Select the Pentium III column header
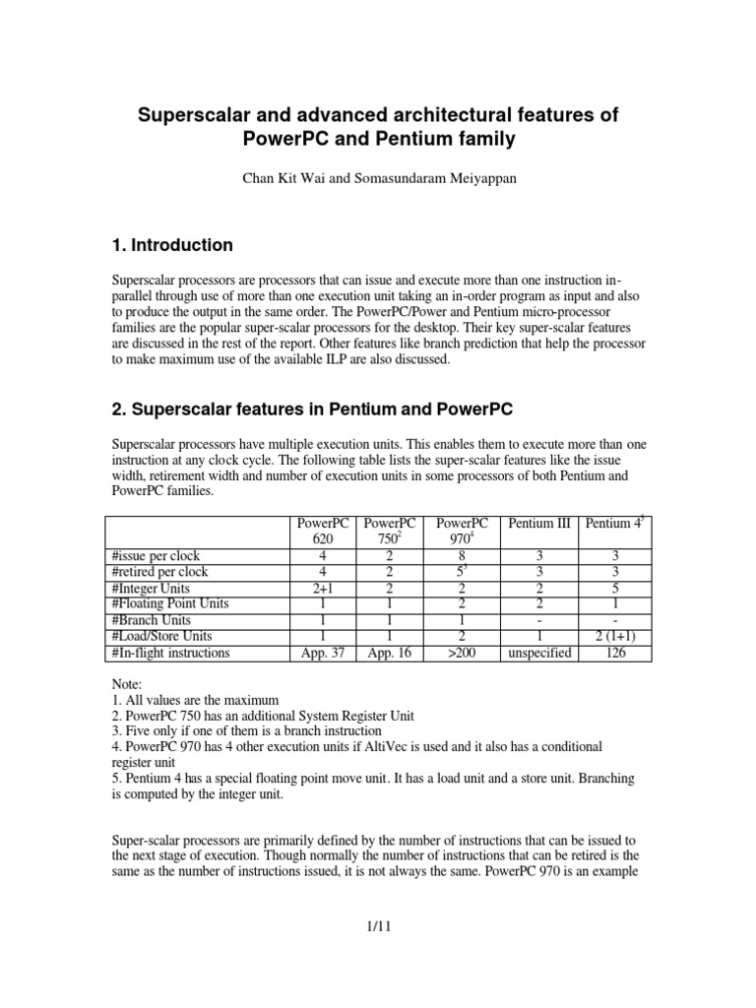537,524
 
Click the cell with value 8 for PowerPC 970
462,555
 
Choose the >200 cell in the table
462,652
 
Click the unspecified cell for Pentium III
537,652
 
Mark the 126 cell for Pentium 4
614,652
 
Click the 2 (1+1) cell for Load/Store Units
614,636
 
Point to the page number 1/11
377,926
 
